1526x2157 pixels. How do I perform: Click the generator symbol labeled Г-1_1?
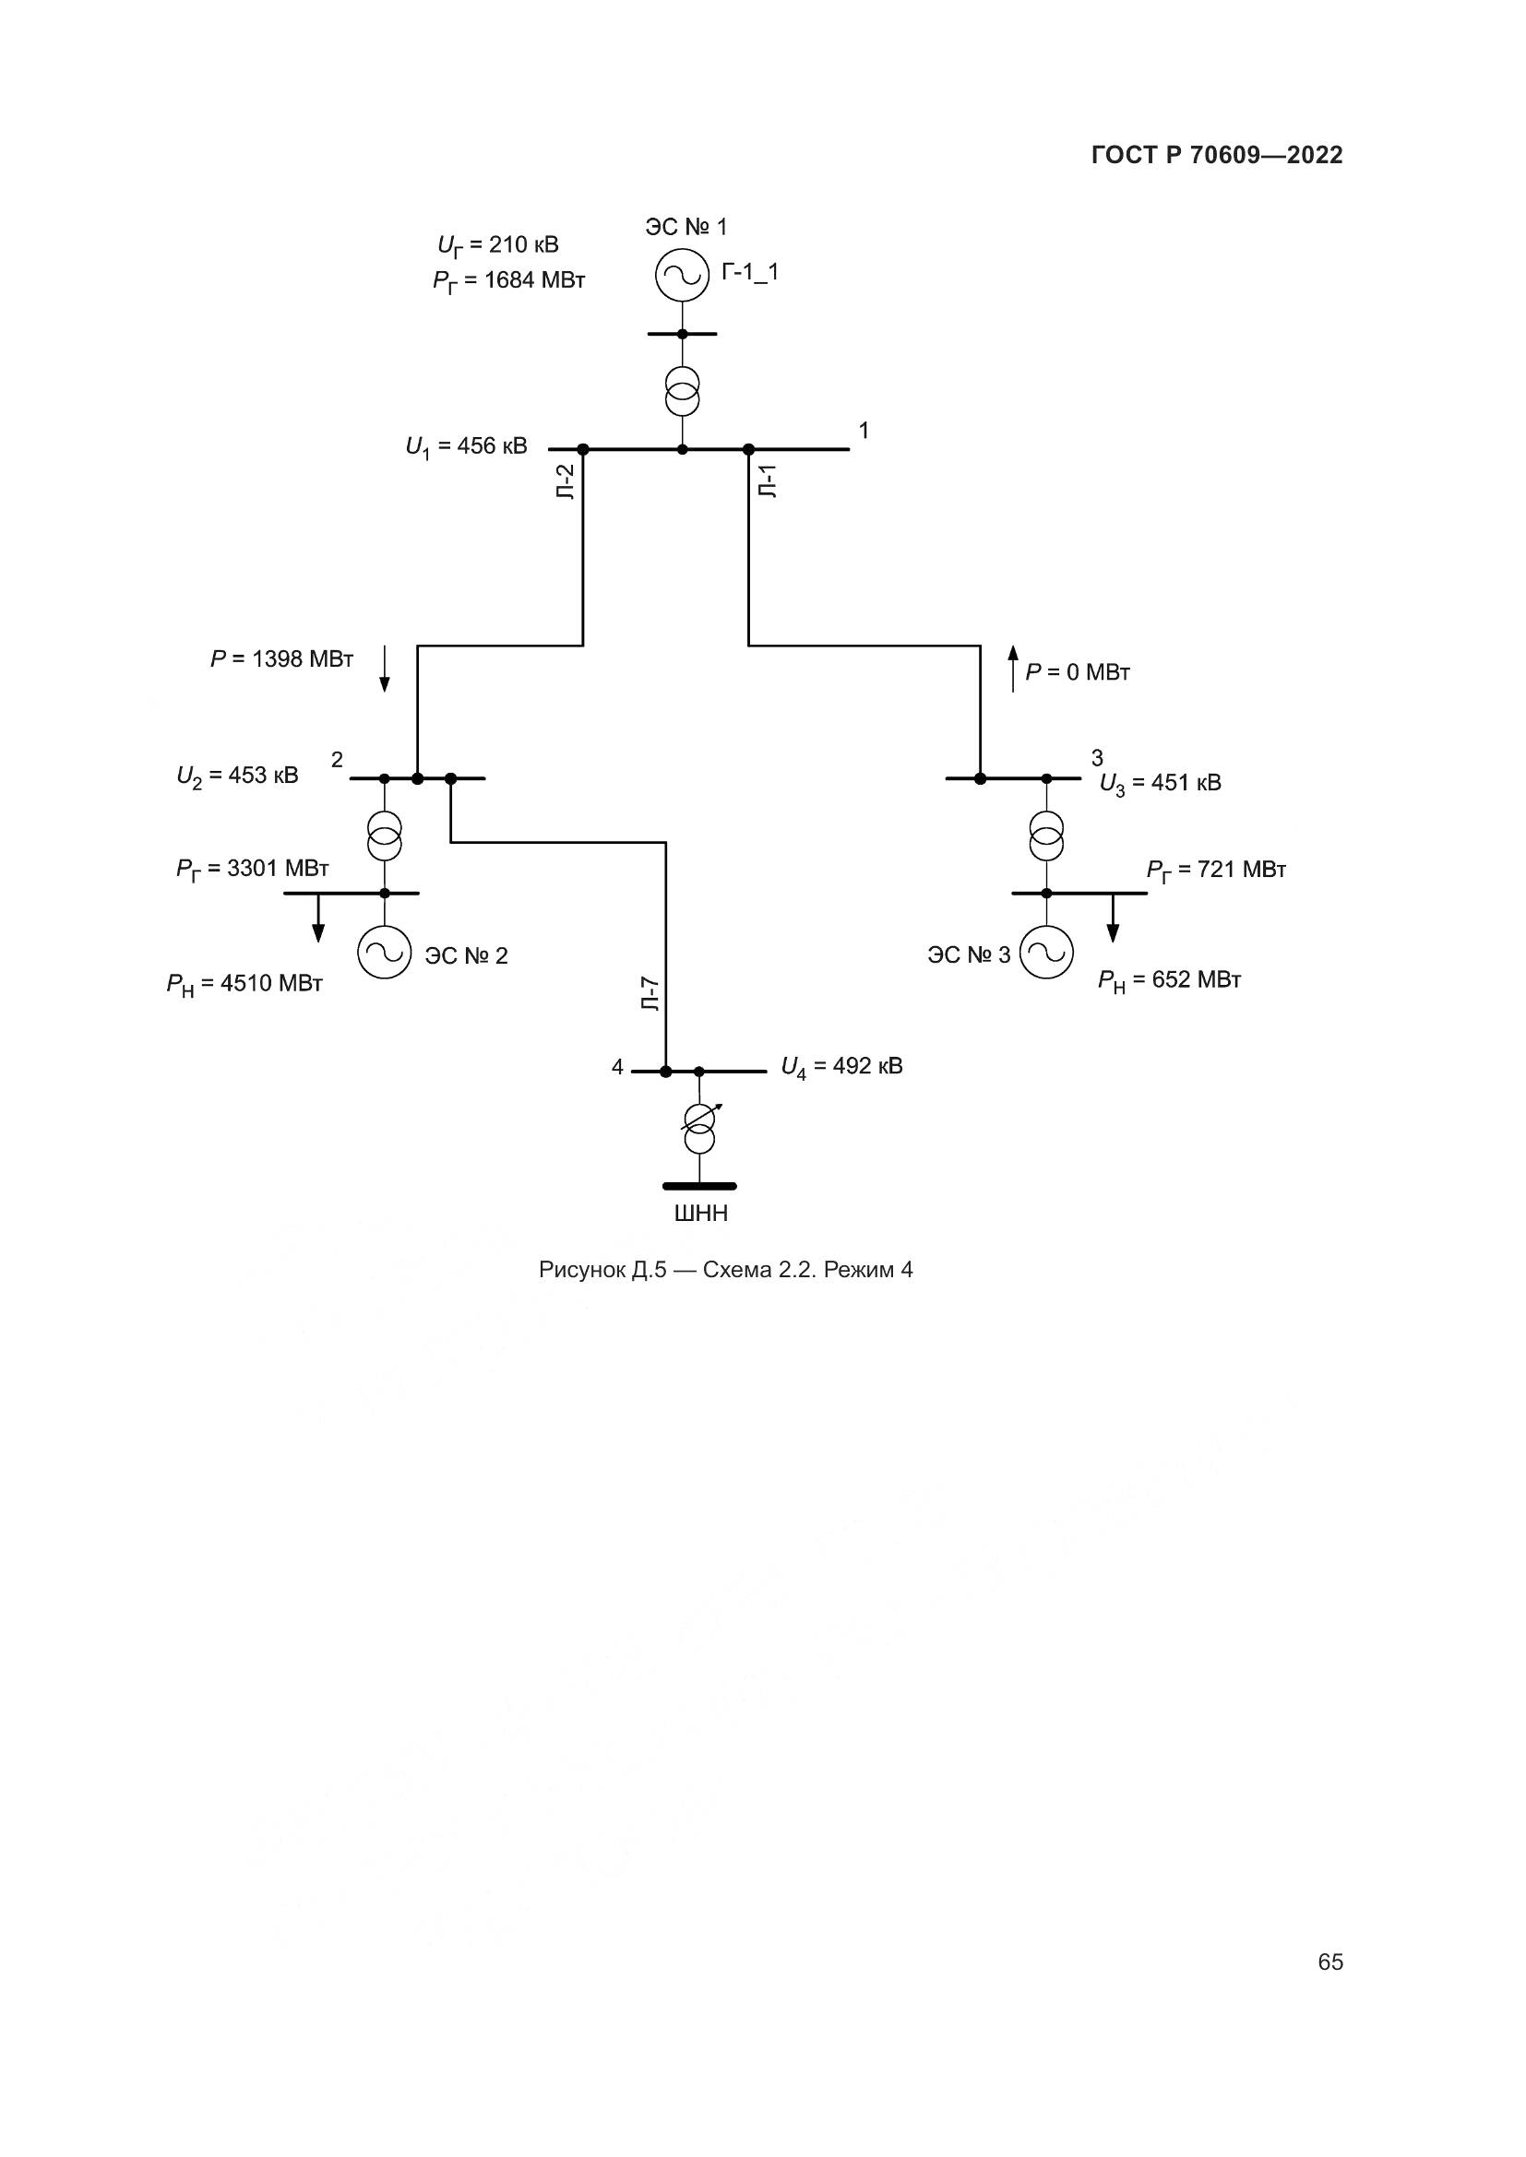coord(682,275)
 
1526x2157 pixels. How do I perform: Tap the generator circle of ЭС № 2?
coord(385,953)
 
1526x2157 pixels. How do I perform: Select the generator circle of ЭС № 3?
coord(1047,953)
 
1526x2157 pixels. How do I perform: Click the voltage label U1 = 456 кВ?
coord(466,446)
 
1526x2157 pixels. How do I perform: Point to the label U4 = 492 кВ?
coord(842,1066)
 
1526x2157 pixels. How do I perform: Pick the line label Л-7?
coord(650,994)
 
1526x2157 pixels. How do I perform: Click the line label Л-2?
coord(566,481)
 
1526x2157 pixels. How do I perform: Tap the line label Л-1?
coord(769,481)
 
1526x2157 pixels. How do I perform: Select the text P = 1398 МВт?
coord(282,659)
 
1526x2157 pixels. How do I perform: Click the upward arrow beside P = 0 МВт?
coord(1013,669)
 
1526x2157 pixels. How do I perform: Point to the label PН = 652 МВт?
coord(1170,981)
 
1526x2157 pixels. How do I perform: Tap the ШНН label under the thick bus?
coord(701,1214)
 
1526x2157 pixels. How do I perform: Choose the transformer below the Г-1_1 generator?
coord(682,391)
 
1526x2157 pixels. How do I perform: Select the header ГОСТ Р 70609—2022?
coord(1217,156)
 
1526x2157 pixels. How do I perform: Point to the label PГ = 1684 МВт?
coord(509,281)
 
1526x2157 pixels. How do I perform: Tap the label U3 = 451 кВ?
coord(1161,784)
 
